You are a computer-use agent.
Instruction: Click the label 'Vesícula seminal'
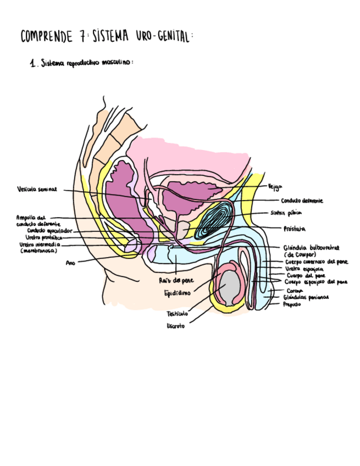click(37, 189)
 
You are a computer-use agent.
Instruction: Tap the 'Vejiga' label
click(275, 187)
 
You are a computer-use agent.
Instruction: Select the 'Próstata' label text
click(295, 228)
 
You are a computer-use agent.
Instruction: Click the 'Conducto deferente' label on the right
click(302, 201)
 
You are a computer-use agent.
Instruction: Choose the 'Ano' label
click(70, 263)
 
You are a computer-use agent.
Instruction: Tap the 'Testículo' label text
click(177, 314)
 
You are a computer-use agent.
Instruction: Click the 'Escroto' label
click(176, 326)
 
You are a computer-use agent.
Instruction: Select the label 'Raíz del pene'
click(176, 280)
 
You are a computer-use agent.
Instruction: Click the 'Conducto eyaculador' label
click(49, 231)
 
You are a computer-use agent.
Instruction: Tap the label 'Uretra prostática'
click(45, 237)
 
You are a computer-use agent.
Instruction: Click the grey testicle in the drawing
click(230, 287)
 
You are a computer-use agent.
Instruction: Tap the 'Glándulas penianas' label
click(310, 297)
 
